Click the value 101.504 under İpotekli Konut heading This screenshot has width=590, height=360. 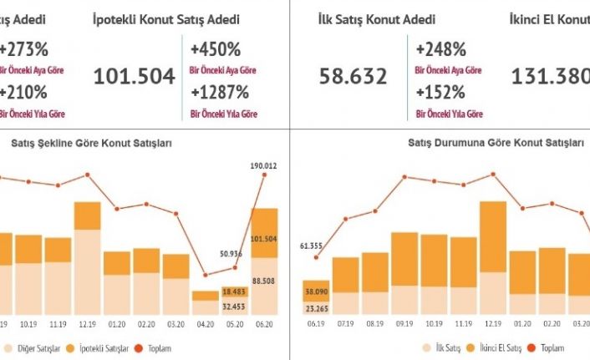[135, 78]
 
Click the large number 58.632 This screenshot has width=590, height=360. [353, 78]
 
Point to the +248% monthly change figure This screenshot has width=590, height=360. [441, 48]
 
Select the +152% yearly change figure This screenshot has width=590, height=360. [441, 91]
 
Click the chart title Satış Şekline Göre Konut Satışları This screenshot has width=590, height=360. [91, 143]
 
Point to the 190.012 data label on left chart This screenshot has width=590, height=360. [264, 165]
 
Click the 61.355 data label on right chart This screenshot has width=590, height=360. [315, 246]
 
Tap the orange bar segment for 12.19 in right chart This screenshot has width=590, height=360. [492, 236]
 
